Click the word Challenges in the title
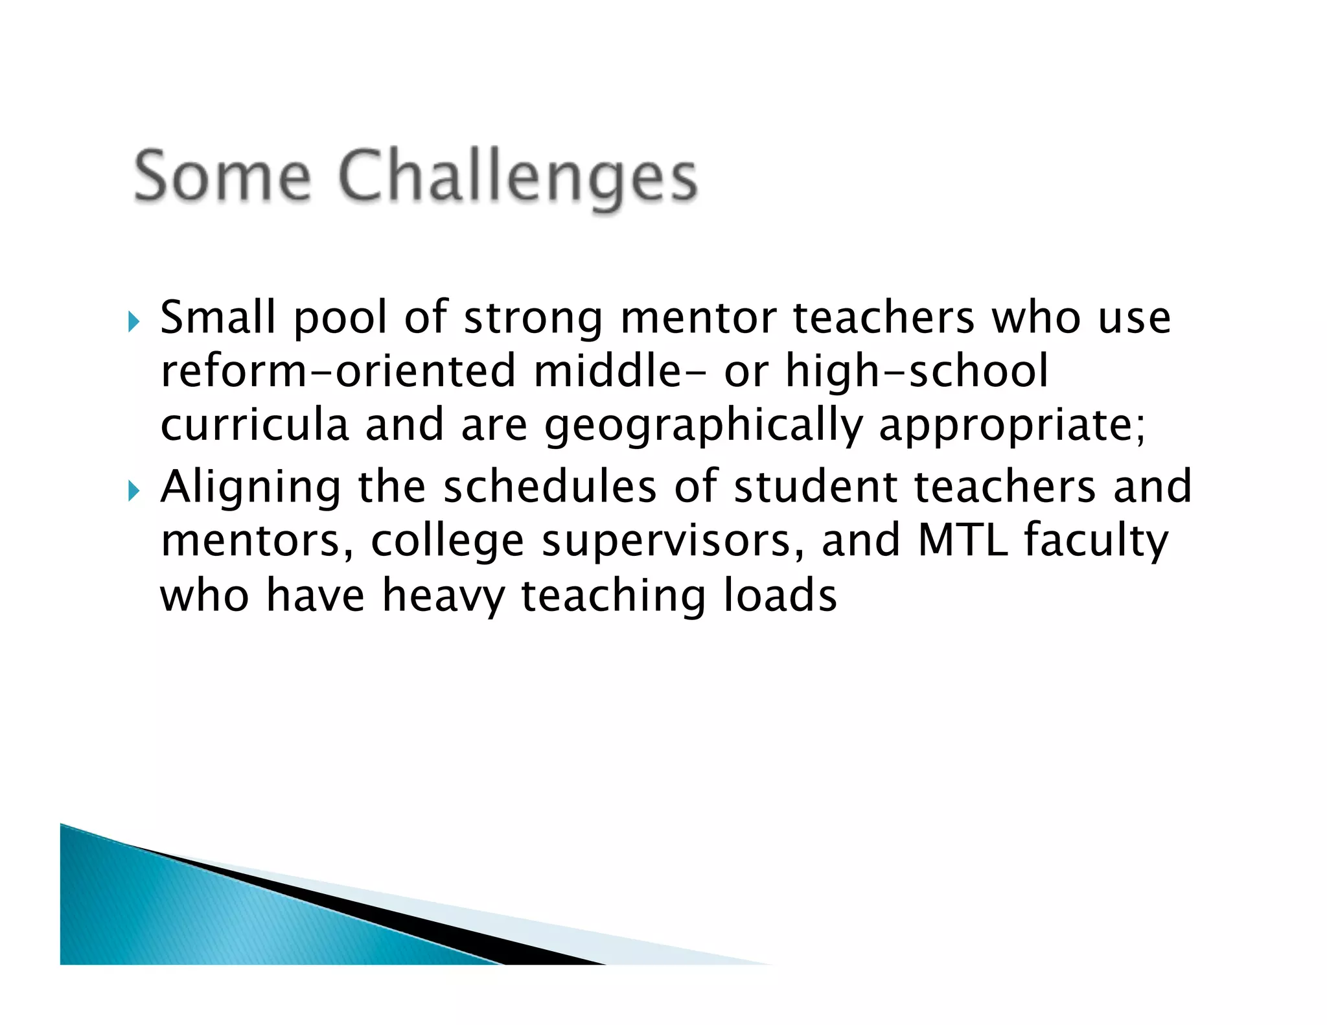(518, 177)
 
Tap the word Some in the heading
(222, 177)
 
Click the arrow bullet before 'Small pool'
(134, 321)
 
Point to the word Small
(218, 317)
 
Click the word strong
(533, 319)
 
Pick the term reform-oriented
(338, 371)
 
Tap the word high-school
(916, 371)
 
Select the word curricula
(254, 425)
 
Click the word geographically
(703, 426)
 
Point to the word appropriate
(1011, 426)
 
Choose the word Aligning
(251, 487)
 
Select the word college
(447, 541)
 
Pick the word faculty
(1096, 541)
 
